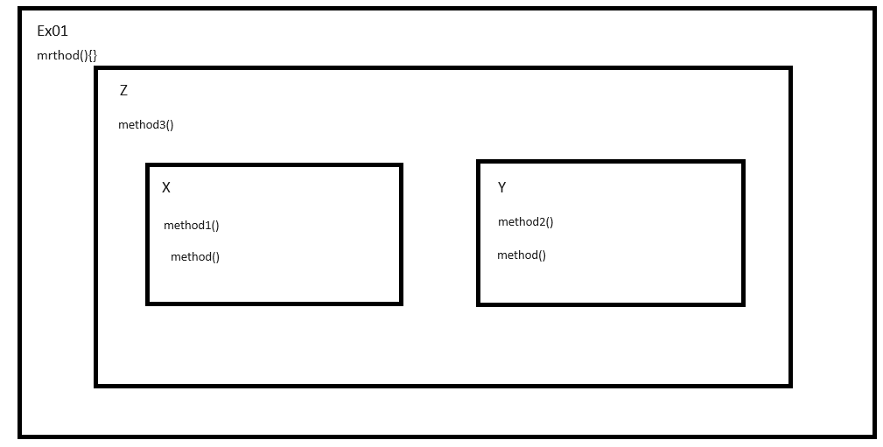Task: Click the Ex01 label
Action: tap(53, 31)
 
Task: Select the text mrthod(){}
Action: tap(67, 55)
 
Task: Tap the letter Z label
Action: tap(123, 90)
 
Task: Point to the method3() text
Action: tap(145, 124)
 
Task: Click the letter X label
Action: tap(166, 187)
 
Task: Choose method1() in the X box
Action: tap(191, 225)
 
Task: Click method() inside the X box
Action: tap(194, 256)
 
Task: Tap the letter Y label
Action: tap(501, 187)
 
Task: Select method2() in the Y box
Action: tap(525, 221)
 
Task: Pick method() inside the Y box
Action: tap(521, 255)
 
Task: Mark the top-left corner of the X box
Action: tap(148, 164)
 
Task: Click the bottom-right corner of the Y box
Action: tap(743, 304)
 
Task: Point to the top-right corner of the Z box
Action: tap(790, 68)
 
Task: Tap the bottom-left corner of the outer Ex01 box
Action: tap(20, 435)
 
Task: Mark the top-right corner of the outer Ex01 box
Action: tap(873, 10)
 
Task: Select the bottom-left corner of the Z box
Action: tap(96, 385)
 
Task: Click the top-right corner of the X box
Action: tap(401, 164)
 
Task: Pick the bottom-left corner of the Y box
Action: tap(479, 304)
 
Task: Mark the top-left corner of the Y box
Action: tap(479, 162)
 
